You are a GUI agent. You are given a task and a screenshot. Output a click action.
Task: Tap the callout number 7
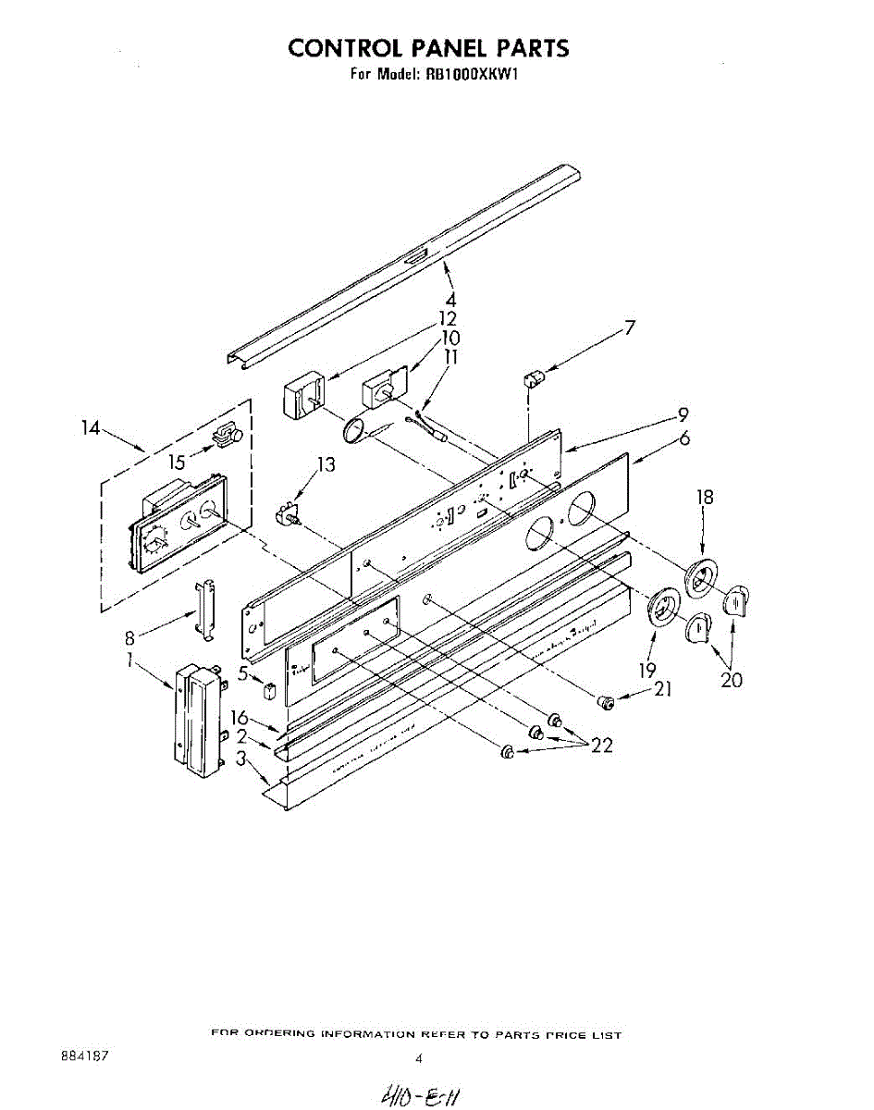[630, 327]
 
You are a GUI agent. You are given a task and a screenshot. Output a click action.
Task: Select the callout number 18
[705, 498]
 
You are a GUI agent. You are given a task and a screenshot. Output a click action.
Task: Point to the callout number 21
[662, 689]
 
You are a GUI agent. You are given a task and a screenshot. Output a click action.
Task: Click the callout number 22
[602, 746]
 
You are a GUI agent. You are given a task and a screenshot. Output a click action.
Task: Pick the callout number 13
[326, 464]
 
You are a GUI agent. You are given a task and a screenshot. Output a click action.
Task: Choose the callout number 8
[131, 636]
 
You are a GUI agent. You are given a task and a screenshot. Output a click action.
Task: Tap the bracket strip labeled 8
[205, 610]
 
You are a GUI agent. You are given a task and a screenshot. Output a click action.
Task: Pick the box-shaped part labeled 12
[300, 394]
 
